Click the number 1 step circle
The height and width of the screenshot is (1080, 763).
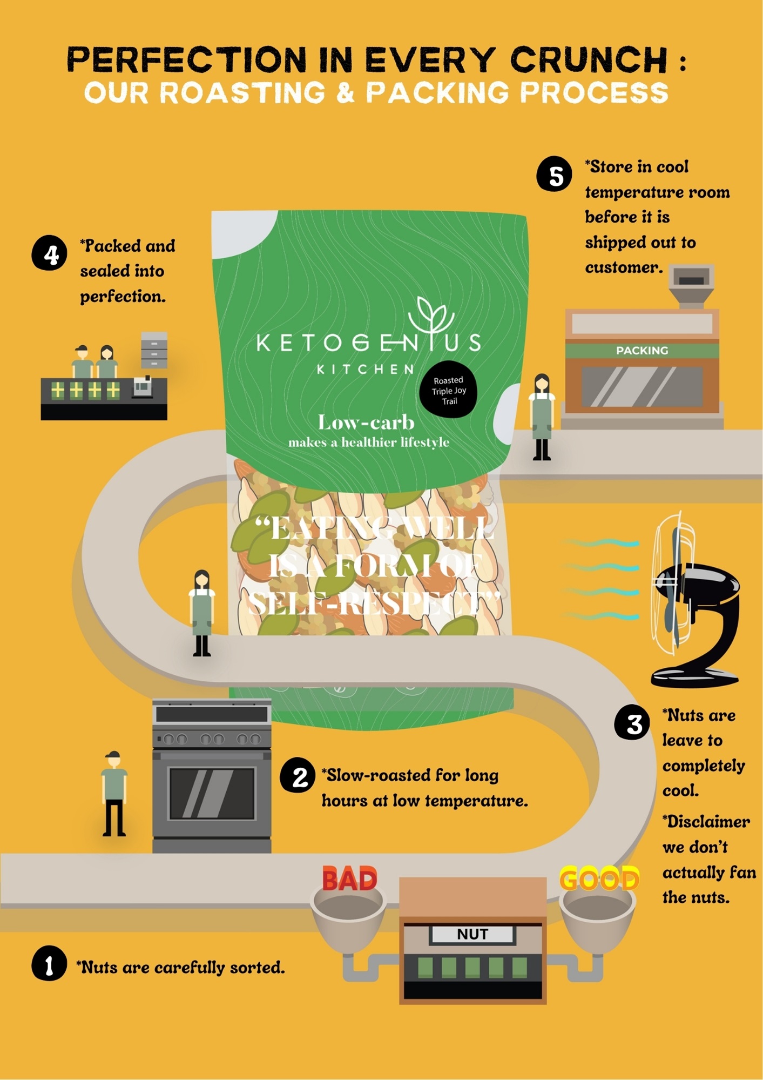click(49, 963)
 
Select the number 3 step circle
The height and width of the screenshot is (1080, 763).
click(632, 722)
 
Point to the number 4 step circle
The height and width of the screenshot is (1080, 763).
click(49, 252)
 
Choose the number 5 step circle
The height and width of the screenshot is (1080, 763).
click(554, 174)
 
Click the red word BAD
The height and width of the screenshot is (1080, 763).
click(349, 879)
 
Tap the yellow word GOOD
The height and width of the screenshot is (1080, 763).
click(599, 879)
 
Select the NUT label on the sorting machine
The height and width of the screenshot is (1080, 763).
click(472, 935)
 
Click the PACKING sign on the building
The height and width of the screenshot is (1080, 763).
click(642, 351)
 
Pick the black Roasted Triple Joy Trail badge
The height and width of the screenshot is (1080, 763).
click(448, 390)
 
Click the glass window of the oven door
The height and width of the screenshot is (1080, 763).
click(212, 793)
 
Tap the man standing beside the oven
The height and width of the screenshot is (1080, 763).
click(114, 793)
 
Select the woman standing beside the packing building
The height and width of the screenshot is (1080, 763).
click(542, 417)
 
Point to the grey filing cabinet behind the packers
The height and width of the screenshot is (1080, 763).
click(154, 350)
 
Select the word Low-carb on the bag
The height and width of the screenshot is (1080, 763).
click(366, 422)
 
